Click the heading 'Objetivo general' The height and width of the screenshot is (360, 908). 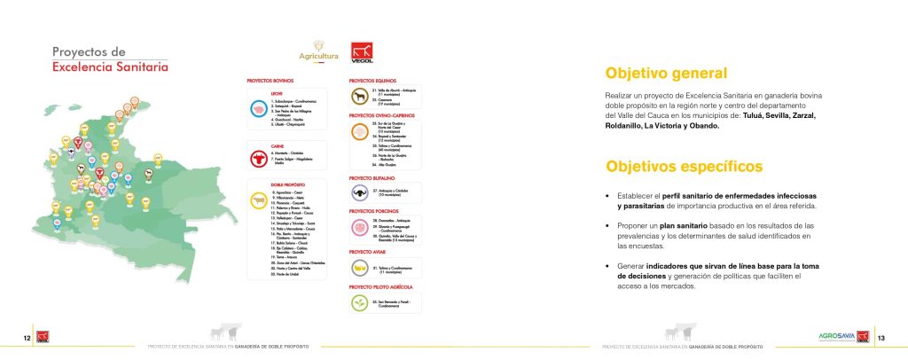(665, 74)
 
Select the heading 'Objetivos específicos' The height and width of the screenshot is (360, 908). (671, 166)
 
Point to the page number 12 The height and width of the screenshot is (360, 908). (27, 338)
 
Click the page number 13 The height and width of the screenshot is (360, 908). (881, 338)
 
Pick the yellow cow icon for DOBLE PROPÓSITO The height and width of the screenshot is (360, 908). (259, 200)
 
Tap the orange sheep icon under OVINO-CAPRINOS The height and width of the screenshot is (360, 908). (361, 132)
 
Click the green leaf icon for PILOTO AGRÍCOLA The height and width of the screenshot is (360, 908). (361, 303)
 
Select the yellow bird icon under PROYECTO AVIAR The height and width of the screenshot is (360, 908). (361, 268)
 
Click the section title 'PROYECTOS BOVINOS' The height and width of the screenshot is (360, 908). (272, 80)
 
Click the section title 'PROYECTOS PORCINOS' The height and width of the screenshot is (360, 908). (375, 211)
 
